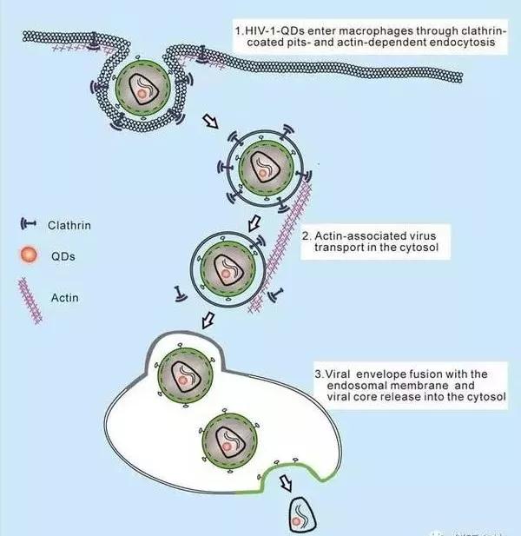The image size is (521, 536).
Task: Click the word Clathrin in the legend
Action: tap(71, 224)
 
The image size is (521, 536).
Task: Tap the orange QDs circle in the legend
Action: tap(26, 258)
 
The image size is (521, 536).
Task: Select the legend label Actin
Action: tap(64, 298)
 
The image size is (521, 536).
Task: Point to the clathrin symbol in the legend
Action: tap(26, 225)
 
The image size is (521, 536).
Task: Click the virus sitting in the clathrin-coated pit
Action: tap(141, 88)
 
